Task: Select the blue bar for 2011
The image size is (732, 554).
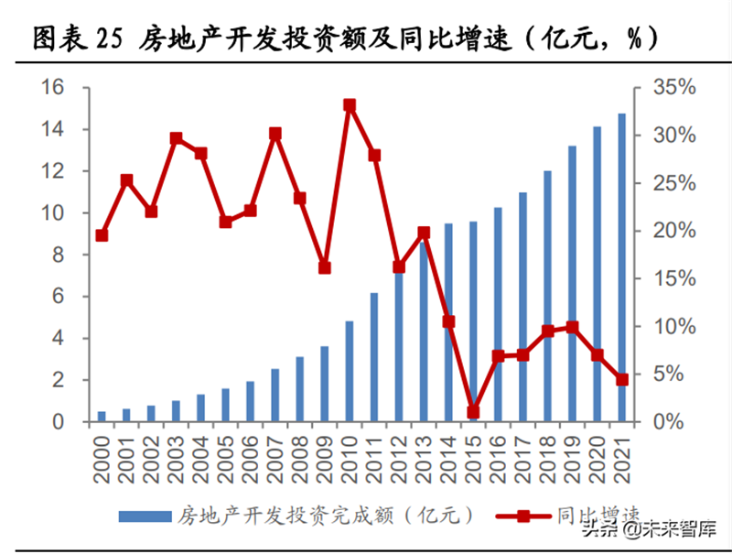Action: (374, 357)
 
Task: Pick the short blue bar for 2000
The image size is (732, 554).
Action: (102, 417)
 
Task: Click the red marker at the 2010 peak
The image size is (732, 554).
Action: (350, 105)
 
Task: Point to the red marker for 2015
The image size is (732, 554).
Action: (473, 412)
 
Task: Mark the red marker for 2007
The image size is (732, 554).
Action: (275, 134)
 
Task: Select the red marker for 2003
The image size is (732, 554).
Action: (176, 138)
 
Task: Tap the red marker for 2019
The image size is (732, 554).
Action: (572, 327)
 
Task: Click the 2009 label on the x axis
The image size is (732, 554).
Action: (326, 456)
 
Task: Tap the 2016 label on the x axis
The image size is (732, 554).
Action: (499, 456)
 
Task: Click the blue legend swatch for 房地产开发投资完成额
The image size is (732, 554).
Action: (144, 516)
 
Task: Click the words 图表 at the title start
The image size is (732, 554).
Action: (56, 38)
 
